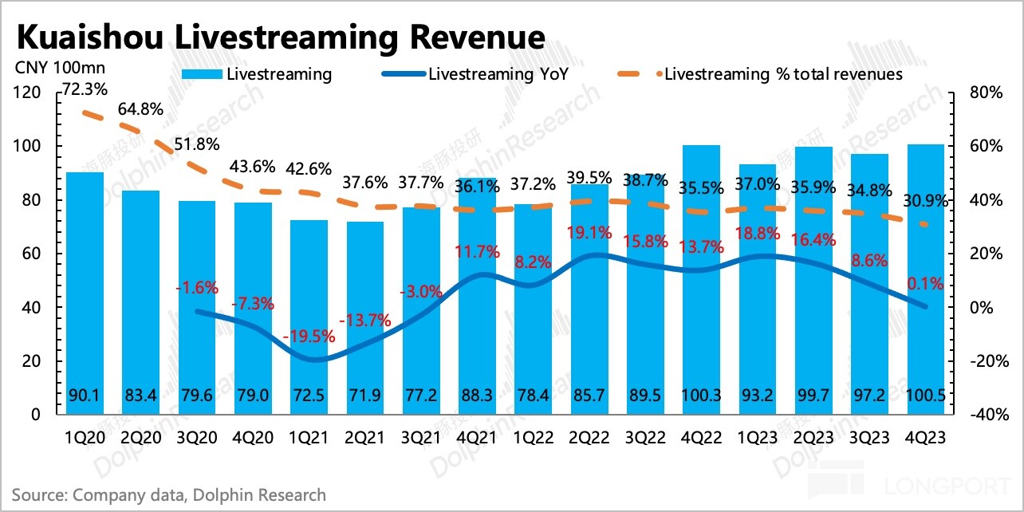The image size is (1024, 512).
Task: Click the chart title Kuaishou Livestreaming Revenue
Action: [280, 37]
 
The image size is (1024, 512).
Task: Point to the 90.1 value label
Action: [84, 396]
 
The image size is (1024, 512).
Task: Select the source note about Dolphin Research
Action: [169, 495]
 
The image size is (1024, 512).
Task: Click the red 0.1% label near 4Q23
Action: [925, 283]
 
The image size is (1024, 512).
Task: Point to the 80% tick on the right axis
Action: [986, 93]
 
